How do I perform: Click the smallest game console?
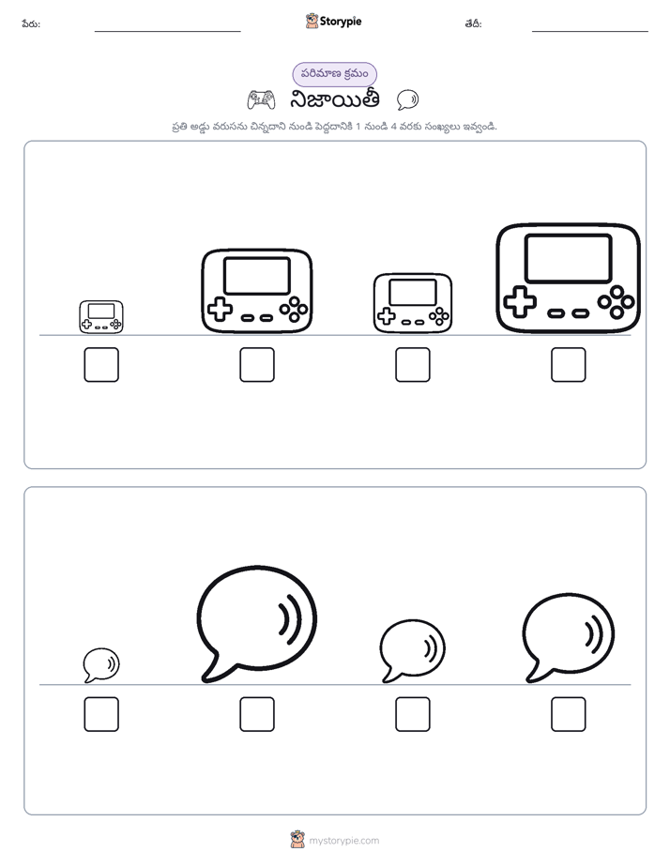pos(101,317)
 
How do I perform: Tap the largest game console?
pos(569,278)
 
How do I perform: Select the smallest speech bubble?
pos(101,665)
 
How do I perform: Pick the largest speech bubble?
pos(256,624)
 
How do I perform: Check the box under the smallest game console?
pos(101,364)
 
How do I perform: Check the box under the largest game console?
pos(569,364)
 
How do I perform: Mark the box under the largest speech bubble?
pos(257,714)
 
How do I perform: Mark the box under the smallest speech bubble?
pos(101,714)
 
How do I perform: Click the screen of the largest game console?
pos(569,258)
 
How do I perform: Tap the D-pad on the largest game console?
pos(520,302)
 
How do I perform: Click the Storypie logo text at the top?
pos(341,22)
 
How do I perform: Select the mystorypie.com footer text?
pos(343,841)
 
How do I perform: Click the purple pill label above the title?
pos(334,74)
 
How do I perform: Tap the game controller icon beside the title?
pos(261,100)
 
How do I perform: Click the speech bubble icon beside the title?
pos(407,100)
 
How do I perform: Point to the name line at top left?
pos(167,32)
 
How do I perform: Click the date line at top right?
pos(590,32)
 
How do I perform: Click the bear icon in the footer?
pos(297,840)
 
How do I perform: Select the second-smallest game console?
pos(412,303)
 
